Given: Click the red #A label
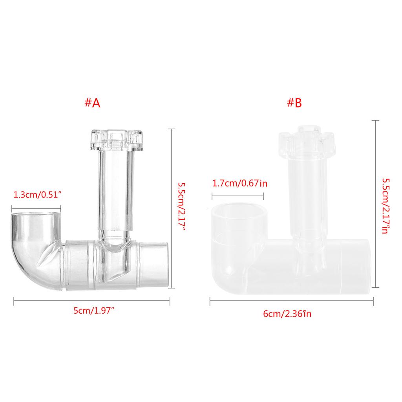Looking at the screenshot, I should point(92,103).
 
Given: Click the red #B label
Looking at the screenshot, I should point(294,103).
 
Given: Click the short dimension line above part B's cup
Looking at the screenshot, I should point(238,195).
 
